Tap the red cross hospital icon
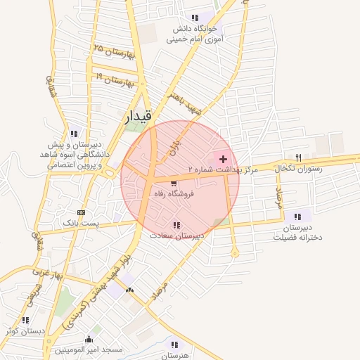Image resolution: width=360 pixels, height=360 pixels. [224, 159]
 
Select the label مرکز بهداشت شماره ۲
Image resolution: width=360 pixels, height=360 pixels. [223, 170]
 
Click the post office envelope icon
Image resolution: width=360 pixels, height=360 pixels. [82, 212]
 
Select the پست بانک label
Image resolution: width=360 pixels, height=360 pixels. [82, 222]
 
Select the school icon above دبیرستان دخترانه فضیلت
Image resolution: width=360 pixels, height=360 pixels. [297, 216]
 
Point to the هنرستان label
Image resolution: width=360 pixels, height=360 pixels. [175, 355]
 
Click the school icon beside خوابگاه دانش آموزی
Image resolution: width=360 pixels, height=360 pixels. [193, 18]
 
